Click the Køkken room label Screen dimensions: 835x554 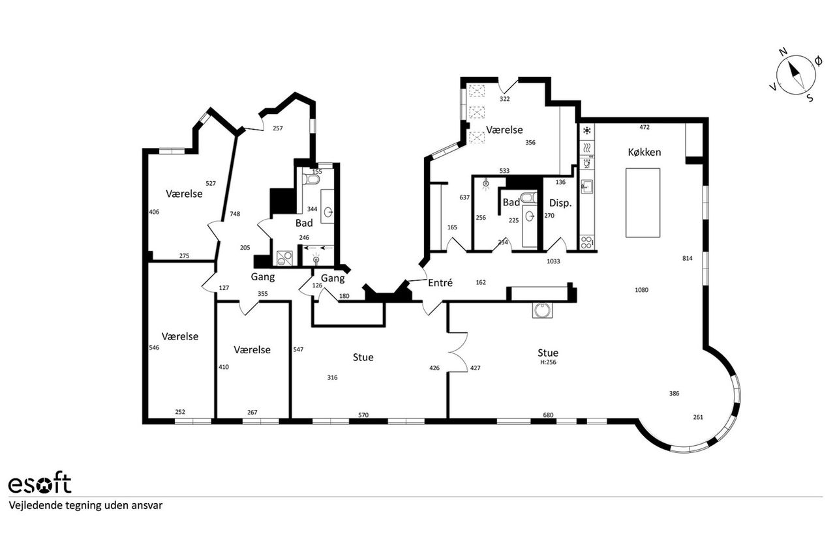click(644, 152)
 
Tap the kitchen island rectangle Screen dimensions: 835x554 click(643, 203)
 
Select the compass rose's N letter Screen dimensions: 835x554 click(783, 62)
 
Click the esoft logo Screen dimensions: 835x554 click(40, 484)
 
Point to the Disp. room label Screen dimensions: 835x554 click(560, 203)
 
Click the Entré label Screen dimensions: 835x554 click(440, 283)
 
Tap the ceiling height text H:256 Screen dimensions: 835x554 click(548, 362)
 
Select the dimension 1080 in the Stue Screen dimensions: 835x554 click(641, 289)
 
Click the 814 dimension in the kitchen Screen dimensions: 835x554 click(688, 258)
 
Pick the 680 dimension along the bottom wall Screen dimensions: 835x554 click(548, 415)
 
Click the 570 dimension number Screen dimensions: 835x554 click(363, 415)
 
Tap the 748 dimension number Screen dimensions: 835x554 click(235, 214)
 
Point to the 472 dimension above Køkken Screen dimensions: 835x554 click(644, 127)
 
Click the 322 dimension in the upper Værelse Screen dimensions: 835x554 click(504, 99)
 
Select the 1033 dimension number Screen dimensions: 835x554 click(553, 261)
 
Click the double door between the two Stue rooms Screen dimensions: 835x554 click(458, 352)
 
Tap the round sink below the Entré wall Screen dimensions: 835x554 click(542, 310)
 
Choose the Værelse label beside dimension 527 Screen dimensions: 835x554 click(184, 194)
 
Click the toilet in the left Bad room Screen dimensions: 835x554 click(311, 180)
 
